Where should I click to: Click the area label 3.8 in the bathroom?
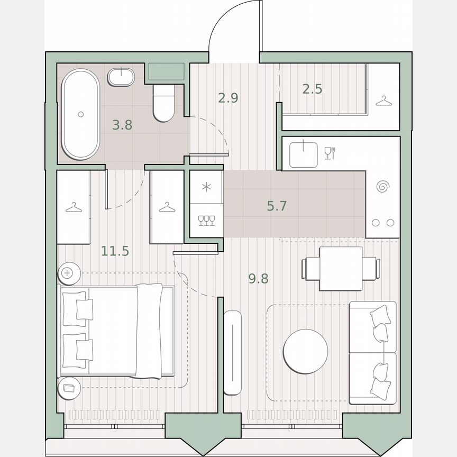(x=122, y=125)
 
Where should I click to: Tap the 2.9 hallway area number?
(x=228, y=97)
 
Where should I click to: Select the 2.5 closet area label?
(x=312, y=89)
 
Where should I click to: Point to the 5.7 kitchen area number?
(x=277, y=206)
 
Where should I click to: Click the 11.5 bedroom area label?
(x=115, y=251)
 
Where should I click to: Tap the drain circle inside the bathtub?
(x=80, y=114)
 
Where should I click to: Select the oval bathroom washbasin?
(x=121, y=77)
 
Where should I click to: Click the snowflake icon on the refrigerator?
(x=206, y=187)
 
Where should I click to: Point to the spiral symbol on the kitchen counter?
(x=382, y=187)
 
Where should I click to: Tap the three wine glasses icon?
(x=206, y=220)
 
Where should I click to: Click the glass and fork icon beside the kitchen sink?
(x=329, y=153)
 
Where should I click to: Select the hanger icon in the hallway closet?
(x=383, y=100)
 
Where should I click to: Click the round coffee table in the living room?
(x=305, y=351)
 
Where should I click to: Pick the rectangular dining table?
(x=341, y=269)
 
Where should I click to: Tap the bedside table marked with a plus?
(x=68, y=273)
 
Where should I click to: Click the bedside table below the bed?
(x=68, y=389)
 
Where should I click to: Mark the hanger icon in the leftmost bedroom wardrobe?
(x=74, y=208)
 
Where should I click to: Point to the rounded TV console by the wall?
(x=232, y=353)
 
